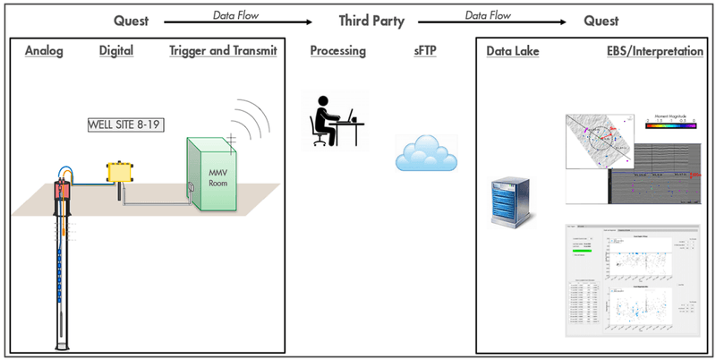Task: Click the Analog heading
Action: [44, 52]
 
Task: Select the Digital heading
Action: [115, 52]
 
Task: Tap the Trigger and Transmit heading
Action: [222, 52]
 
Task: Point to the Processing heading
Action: [338, 52]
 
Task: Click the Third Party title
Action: [370, 19]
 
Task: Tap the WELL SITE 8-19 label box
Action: [124, 124]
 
